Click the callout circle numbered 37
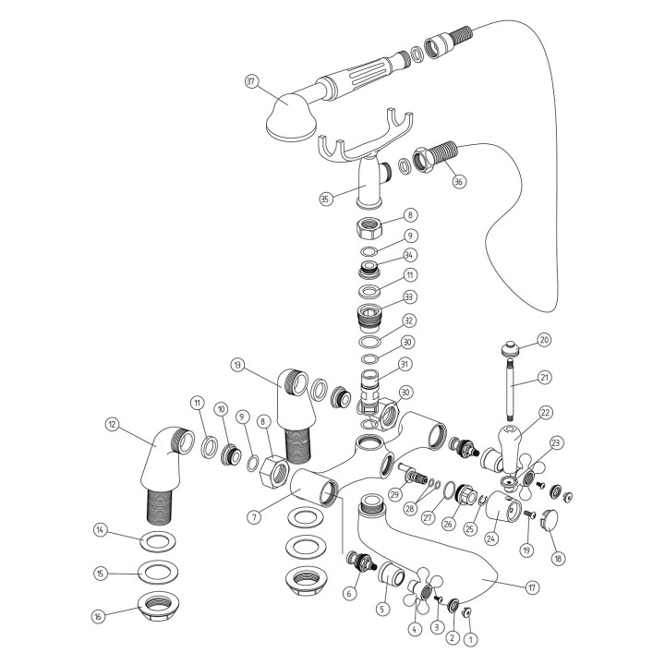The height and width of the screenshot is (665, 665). point(252,81)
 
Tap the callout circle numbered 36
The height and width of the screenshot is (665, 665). point(458,182)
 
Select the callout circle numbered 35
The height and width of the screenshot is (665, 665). point(325,199)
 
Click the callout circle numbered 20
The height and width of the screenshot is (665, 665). point(544,340)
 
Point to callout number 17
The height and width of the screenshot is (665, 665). point(532,587)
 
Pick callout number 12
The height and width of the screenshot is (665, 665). point(113,425)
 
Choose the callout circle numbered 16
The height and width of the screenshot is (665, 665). point(99,616)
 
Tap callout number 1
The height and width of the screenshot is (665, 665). point(471,639)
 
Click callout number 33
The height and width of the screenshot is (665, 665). point(409,296)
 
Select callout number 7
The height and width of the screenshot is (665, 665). point(255,517)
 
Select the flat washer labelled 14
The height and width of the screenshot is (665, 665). point(158,540)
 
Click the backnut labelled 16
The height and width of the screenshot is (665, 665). point(158,607)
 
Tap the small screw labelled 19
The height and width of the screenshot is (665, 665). point(530,514)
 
